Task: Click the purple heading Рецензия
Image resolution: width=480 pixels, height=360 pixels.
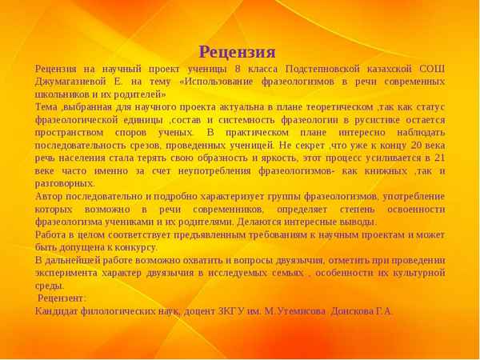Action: click(237, 53)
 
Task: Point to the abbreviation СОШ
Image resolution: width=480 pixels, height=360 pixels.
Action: click(432, 70)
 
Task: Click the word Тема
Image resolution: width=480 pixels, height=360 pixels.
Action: click(46, 106)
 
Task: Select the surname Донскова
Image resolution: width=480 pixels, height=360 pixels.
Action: click(354, 310)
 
